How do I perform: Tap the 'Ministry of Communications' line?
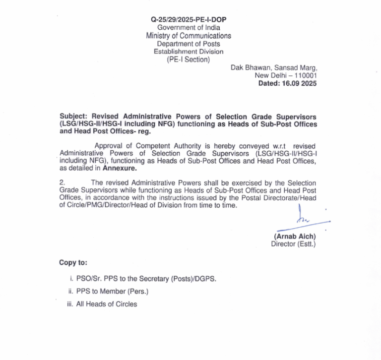(x=188, y=36)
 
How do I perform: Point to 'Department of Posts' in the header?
(x=188, y=44)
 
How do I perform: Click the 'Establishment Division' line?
(x=188, y=52)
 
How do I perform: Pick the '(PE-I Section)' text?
(x=188, y=60)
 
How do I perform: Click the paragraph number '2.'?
(x=62, y=183)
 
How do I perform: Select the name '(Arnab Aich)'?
(x=296, y=237)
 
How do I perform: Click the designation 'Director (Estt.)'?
(x=293, y=244)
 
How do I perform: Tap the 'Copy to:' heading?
(x=73, y=262)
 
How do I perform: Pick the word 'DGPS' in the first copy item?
(x=205, y=279)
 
